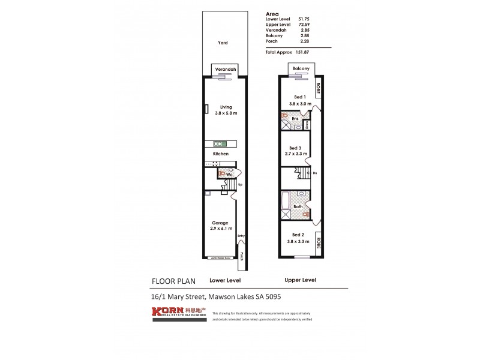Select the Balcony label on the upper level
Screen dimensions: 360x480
click(x=301, y=69)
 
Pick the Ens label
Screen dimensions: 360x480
click(x=295, y=119)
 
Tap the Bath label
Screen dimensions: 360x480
click(x=297, y=207)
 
